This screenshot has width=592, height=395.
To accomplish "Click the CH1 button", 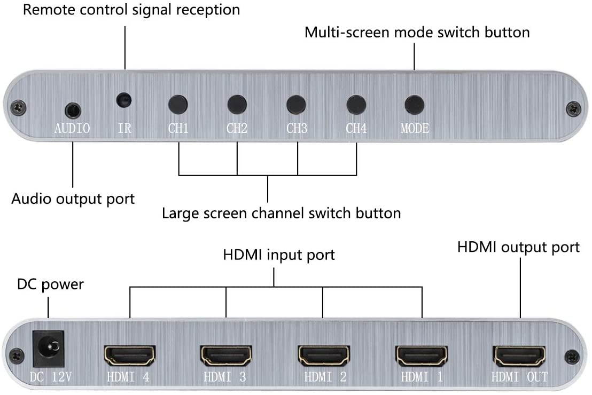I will point(178,102).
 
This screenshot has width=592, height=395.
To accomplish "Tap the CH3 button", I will point(297,102).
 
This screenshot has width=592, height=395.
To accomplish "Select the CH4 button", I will point(356,102).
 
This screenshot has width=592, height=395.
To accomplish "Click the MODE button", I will point(414,102).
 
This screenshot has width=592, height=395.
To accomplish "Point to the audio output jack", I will point(73,110).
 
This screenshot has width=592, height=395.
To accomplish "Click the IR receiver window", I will point(124,100).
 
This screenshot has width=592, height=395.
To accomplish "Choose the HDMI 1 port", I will point(421,354).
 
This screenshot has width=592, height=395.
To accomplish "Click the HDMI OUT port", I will point(519,354).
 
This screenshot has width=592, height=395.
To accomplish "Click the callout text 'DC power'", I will point(50,285).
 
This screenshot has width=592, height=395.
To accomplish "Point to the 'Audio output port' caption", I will point(73,199).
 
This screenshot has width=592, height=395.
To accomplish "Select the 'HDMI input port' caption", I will point(278,255).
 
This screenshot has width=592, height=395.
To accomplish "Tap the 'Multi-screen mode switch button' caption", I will point(417,32).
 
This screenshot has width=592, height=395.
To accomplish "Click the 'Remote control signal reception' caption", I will point(131,10).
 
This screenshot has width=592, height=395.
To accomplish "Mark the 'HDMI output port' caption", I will point(518,247).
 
